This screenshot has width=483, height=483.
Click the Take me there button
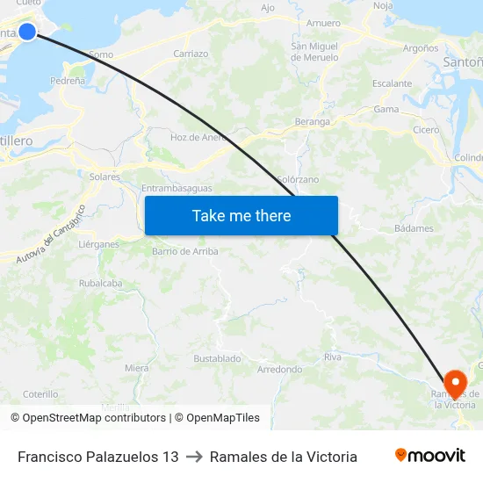pos(241,215)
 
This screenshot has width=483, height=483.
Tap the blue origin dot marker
pos(27,32)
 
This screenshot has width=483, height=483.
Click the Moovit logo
pos(430,456)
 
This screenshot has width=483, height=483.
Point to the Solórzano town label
pos(298,179)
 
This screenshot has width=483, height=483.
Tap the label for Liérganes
pos(99,244)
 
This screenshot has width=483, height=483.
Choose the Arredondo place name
pos(279,370)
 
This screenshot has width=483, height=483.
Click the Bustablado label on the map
pos(217,358)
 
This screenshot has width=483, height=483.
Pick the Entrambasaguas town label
pos(177,188)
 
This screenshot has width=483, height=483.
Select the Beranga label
pos(313,122)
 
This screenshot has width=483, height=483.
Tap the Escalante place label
pos(392,84)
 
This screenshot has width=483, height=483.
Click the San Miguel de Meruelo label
pos(314,52)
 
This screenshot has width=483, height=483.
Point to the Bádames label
pos(414,228)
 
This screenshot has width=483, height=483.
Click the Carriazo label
pos(191,54)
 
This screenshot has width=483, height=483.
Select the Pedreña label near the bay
pos(68,80)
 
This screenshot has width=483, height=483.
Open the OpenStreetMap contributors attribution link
pos(94,418)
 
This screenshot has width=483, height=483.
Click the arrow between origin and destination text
pos(194,457)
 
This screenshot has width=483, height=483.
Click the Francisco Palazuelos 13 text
pos(98,457)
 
